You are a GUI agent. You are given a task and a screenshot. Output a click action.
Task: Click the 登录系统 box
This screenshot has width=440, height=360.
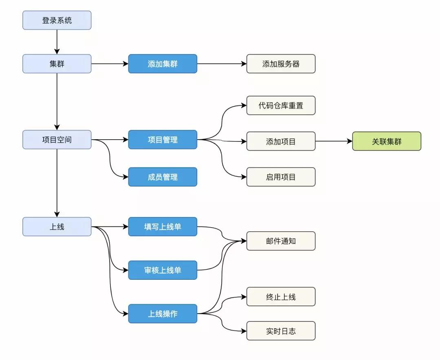[57, 20]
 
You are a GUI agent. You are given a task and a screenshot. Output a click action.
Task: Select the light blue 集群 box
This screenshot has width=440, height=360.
[57, 64]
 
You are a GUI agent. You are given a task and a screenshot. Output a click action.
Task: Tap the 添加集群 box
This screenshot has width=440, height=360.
[163, 64]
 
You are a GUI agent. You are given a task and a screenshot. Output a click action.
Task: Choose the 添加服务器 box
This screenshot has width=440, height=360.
[281, 64]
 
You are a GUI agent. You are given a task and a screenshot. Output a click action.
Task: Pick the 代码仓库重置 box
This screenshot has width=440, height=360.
[281, 105]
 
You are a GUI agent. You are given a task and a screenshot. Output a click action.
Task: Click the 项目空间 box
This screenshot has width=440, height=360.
[57, 139]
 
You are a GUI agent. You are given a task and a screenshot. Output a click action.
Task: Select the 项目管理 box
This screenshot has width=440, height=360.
[163, 139]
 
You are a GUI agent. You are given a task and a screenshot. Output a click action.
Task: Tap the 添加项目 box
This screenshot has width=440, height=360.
[281, 141]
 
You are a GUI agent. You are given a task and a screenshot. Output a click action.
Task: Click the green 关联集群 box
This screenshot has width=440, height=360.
[387, 141]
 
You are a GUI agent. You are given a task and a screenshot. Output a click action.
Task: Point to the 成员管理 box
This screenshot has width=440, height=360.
[163, 177]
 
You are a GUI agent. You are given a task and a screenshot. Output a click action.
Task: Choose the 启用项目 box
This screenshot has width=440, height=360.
[281, 177]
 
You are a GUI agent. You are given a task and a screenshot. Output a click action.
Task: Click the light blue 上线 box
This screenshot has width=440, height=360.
[57, 226]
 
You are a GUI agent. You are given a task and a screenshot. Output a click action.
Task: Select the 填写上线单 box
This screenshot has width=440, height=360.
[163, 226]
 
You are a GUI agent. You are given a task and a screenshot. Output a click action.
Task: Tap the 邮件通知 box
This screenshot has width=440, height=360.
[281, 241]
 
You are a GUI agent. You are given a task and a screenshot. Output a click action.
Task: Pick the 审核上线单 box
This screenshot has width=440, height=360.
[163, 270]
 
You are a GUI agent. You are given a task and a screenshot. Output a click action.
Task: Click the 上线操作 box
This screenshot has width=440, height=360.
[163, 314]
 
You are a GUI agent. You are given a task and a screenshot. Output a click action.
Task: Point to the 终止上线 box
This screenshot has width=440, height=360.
[281, 296]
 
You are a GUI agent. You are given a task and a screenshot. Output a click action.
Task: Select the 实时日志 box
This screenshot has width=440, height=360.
[281, 331]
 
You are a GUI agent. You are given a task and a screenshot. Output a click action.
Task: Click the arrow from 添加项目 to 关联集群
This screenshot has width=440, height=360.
[334, 141]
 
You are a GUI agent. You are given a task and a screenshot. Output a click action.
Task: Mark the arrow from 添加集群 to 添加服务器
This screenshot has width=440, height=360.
[222, 64]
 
